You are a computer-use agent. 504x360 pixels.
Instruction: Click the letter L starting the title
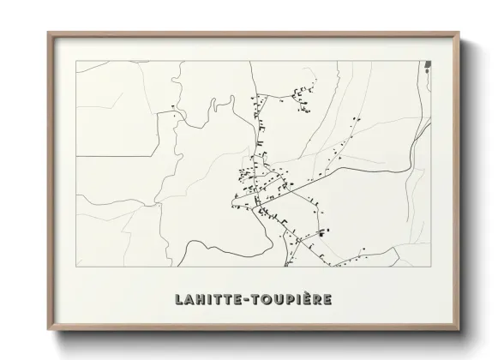coord(178,300)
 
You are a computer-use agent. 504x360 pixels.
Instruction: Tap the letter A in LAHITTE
coord(189,300)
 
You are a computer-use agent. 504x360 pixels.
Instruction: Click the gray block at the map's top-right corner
coord(428,65)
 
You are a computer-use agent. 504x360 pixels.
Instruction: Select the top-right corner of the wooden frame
coord(461,34)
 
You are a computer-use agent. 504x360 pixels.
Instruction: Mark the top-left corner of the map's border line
coord(77,62)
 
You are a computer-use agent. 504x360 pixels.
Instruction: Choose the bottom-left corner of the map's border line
coord(77,267)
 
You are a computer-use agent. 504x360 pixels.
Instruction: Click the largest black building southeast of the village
coord(321,231)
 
